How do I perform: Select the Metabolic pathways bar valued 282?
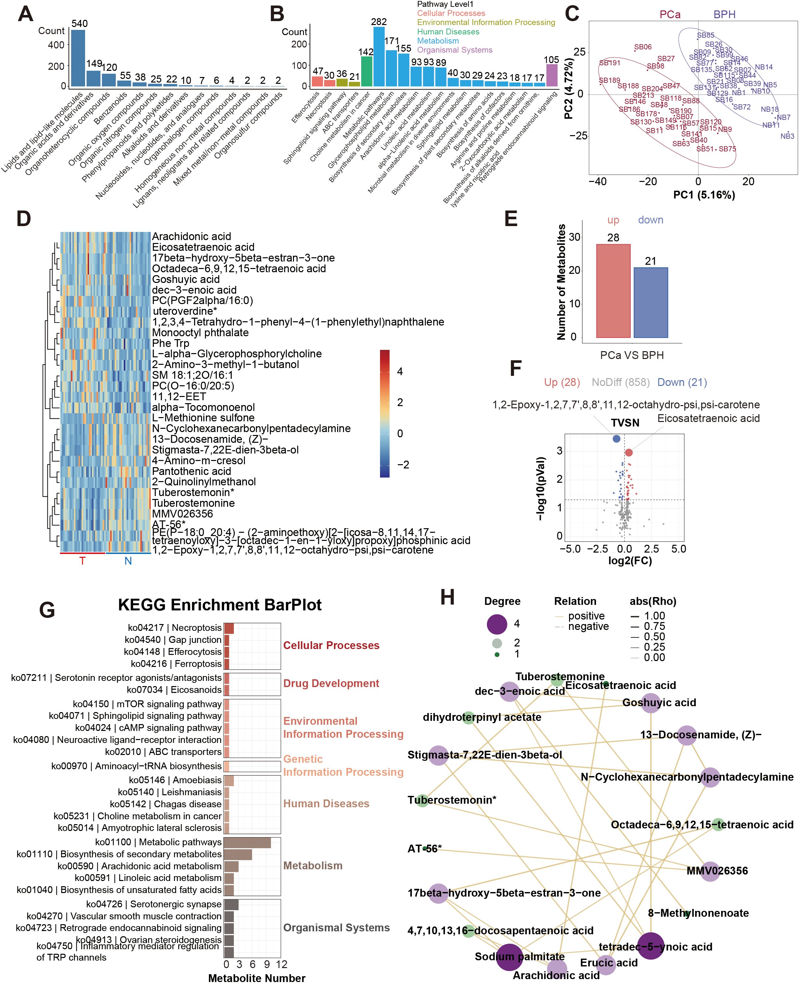[x=379, y=57]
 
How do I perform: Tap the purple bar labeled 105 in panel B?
[x=552, y=75]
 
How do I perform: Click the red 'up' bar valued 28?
[x=613, y=290]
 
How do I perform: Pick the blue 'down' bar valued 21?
[x=650, y=302]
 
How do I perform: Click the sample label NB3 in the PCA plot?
[x=787, y=136]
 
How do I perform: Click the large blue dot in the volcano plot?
[x=616, y=439]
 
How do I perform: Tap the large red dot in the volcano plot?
[x=629, y=453]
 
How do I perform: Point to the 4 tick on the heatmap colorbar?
[x=399, y=371]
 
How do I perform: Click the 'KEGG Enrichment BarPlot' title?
[x=220, y=605]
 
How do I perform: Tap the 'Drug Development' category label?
[x=331, y=683]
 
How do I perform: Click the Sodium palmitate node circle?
[x=509, y=957]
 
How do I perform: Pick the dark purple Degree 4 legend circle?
[x=497, y=624]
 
